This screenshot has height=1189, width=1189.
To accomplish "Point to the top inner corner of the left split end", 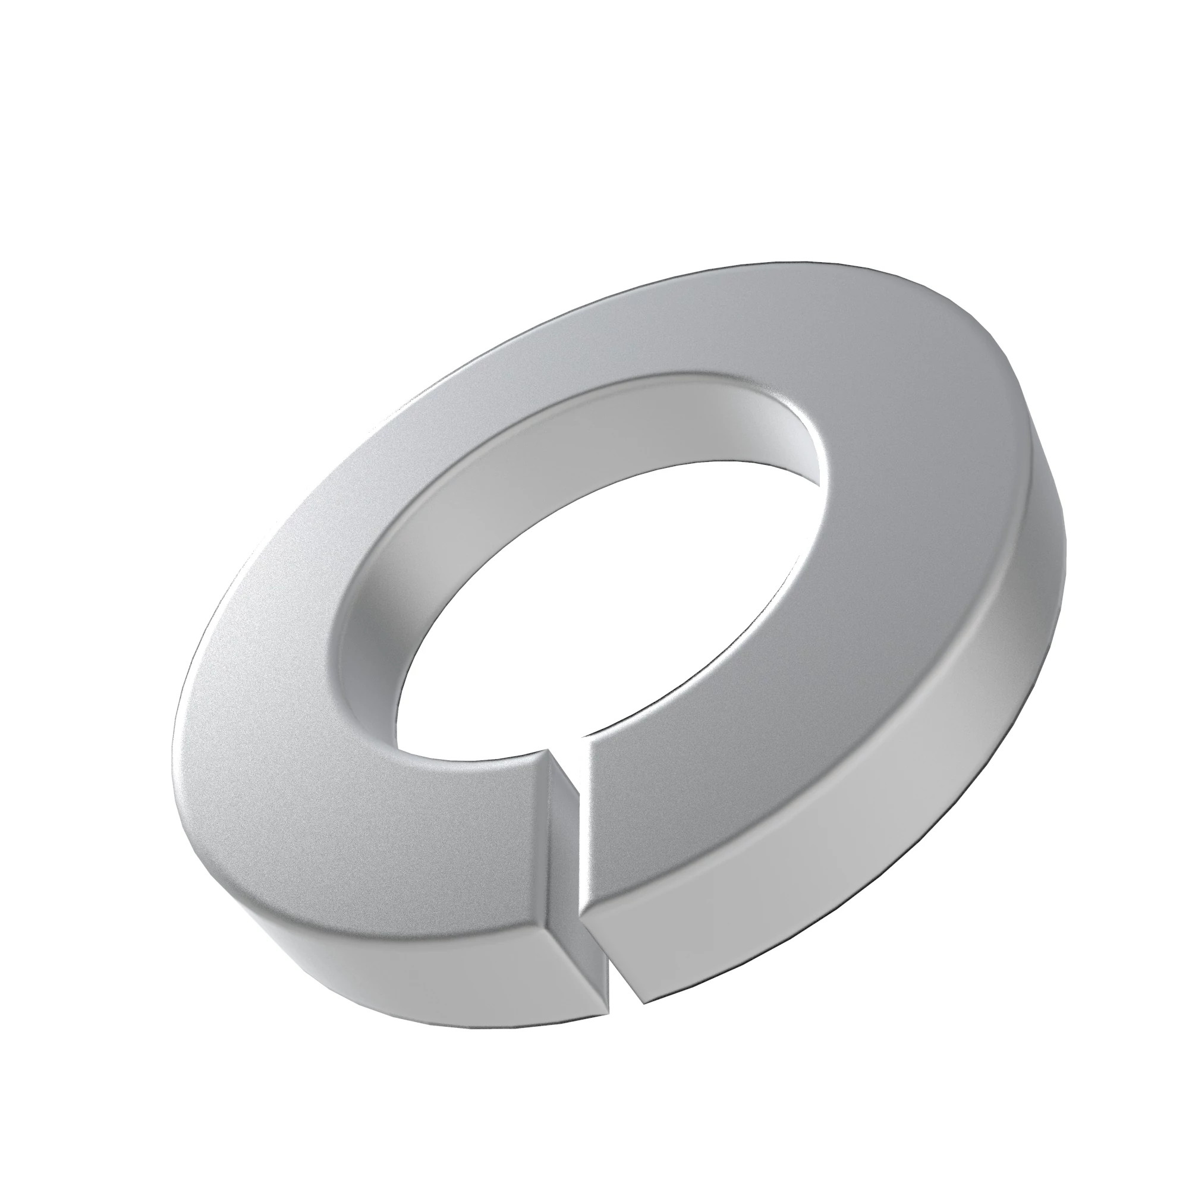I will (546, 749).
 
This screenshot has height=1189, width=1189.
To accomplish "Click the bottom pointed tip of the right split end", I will (643, 1004).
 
